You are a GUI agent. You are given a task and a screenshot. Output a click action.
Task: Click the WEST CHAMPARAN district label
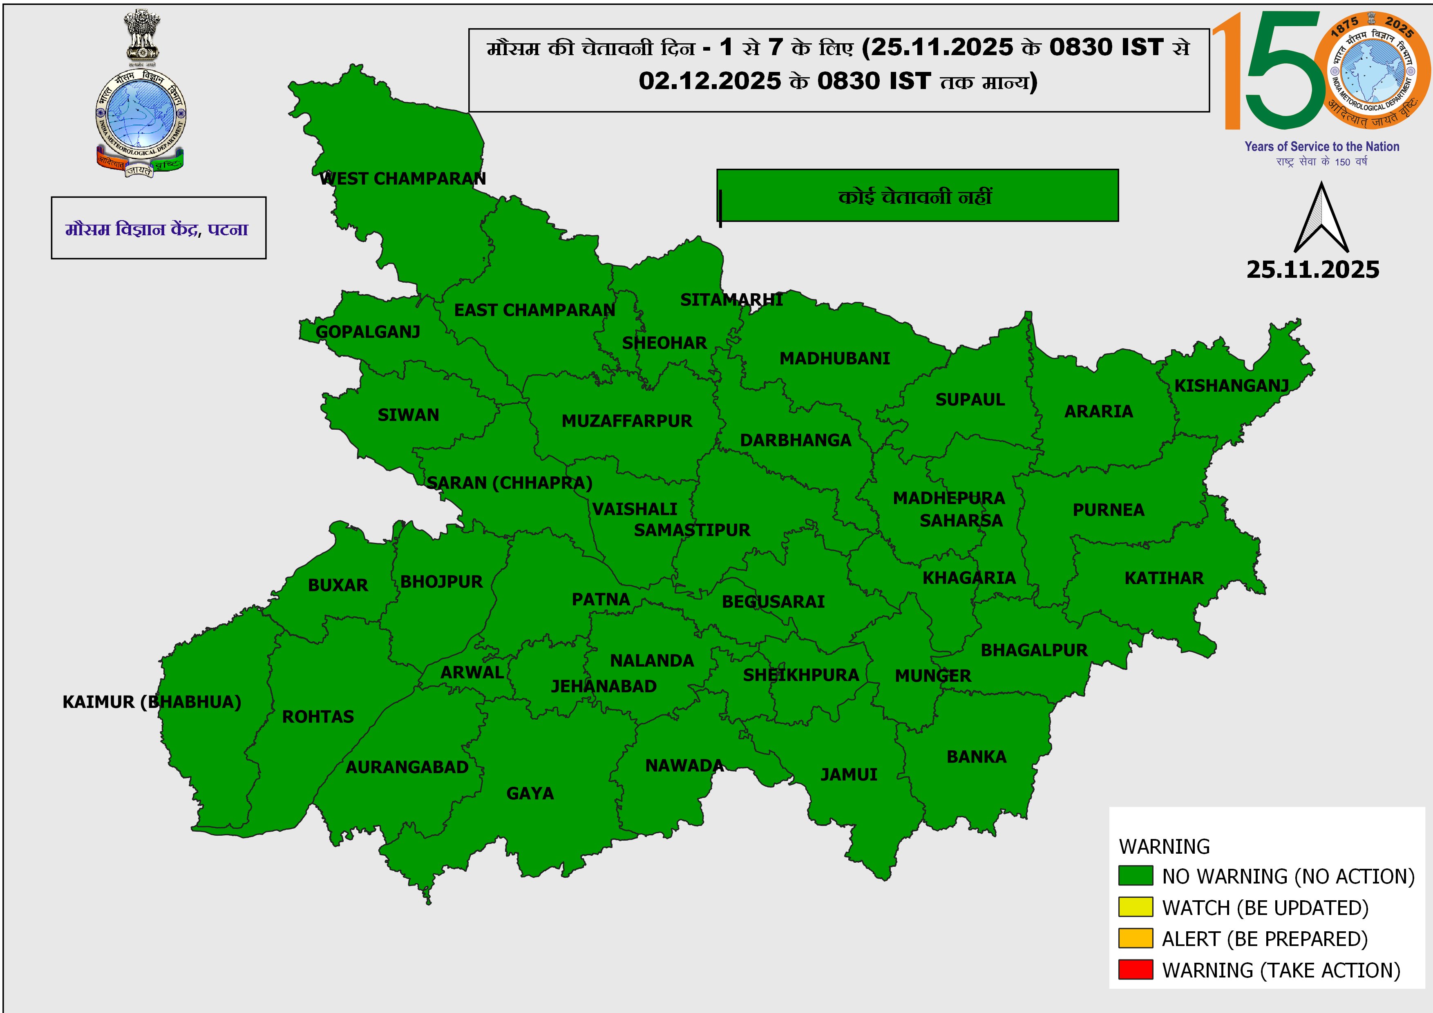pyautogui.click(x=402, y=179)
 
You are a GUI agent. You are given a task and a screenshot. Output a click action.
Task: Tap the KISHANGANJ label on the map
pyautogui.click(x=1232, y=386)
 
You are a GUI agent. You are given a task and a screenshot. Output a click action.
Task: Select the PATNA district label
pyautogui.click(x=600, y=600)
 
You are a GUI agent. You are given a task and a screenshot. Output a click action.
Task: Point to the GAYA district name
pyautogui.click(x=530, y=793)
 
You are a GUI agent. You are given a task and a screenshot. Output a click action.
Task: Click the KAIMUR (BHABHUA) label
pyautogui.click(x=152, y=703)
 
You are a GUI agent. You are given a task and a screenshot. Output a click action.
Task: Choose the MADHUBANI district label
pyautogui.click(x=834, y=359)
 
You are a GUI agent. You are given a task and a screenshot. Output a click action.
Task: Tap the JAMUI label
pyautogui.click(x=848, y=775)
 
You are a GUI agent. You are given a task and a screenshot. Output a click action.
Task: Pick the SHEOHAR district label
pyautogui.click(x=664, y=343)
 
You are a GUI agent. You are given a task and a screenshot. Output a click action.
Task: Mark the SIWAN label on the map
pyautogui.click(x=408, y=415)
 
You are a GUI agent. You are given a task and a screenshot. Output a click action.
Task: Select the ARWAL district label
pyautogui.click(x=472, y=672)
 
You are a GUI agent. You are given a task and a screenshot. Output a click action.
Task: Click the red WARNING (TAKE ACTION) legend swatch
pyautogui.click(x=1135, y=970)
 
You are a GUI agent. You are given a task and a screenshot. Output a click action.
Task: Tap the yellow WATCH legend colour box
pyautogui.click(x=1135, y=908)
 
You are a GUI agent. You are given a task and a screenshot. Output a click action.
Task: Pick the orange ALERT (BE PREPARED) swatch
pyautogui.click(x=1135, y=939)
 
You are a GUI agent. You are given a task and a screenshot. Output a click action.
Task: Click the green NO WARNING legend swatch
pyautogui.click(x=1135, y=876)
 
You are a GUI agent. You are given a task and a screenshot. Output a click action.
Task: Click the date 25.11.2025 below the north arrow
pyautogui.click(x=1312, y=270)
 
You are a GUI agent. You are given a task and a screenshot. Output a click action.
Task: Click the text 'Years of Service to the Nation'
pyautogui.click(x=1321, y=147)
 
